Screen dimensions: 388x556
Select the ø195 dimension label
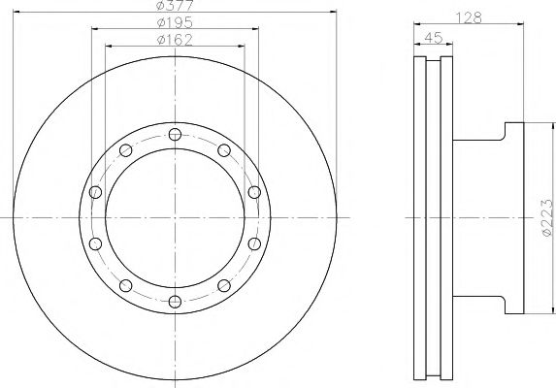click(x=175, y=23)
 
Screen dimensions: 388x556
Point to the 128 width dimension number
click(x=471, y=16)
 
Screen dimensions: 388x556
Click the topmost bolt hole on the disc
click(x=175, y=134)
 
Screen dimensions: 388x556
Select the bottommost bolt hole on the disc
click(x=175, y=302)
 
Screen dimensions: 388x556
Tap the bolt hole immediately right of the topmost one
click(x=224, y=149)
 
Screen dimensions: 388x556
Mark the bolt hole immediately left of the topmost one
click(x=126, y=149)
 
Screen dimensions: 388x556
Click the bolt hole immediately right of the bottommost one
click(x=224, y=285)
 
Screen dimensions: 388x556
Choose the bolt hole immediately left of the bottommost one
click(x=126, y=285)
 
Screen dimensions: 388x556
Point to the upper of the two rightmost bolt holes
click(x=254, y=192)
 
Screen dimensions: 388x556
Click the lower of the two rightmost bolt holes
click(x=254, y=243)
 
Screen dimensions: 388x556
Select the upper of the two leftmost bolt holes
click(x=95, y=192)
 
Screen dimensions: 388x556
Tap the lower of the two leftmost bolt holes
click(x=95, y=243)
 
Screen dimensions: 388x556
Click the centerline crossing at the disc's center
click(x=175, y=218)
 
